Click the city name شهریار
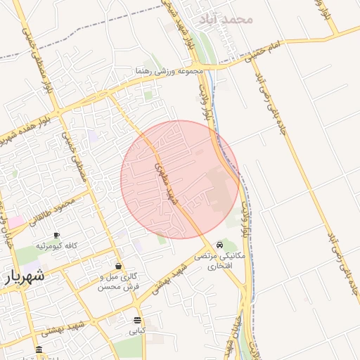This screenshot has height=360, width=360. pos(25,276)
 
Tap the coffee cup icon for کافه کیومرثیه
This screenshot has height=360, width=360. pos(56,235)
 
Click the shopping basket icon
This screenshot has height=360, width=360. pos(117,266)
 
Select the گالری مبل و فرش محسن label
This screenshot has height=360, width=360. pos(118,282)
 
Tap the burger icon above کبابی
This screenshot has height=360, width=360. pos(136,319)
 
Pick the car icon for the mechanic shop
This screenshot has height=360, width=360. pos(221,245)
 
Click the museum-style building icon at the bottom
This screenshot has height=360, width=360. pos(39,350)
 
